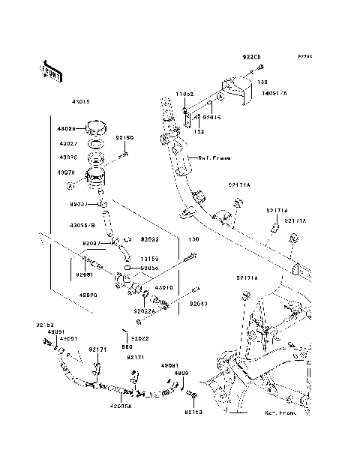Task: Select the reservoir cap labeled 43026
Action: coord(95,125)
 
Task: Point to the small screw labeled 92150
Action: coord(123,155)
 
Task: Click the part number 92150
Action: coord(124,138)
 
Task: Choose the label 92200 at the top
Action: coord(250,56)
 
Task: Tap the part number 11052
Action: coord(185,94)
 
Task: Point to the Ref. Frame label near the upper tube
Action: coord(214,158)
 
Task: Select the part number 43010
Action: coord(164,287)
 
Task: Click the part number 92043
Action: coord(198,304)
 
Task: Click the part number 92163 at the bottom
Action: coord(193,412)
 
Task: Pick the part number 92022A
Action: coord(145,311)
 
